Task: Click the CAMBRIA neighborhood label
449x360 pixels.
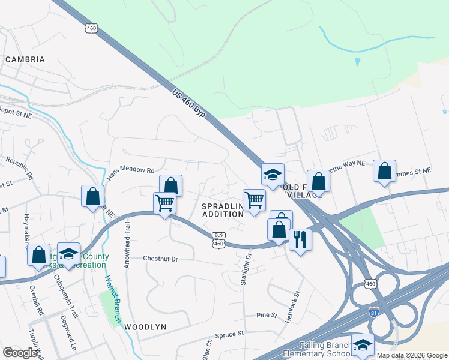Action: point(25,59)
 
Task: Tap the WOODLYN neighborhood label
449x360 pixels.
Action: point(145,327)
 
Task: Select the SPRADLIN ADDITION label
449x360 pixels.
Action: point(222,210)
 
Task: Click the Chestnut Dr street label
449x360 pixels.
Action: point(161,259)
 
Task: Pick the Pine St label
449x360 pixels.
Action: point(267,314)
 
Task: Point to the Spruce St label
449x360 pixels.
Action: point(231,333)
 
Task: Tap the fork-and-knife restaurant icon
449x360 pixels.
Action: point(300,239)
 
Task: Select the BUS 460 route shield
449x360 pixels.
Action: point(218,239)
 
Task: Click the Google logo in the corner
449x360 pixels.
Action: point(20,353)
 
